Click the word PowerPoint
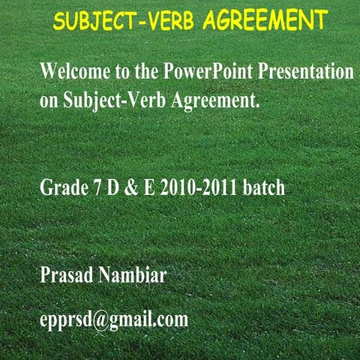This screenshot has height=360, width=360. (x=198, y=73)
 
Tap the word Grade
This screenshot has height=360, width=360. (x=61, y=187)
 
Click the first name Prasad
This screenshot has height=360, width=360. (x=67, y=275)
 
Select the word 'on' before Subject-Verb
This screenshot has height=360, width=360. (x=48, y=100)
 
